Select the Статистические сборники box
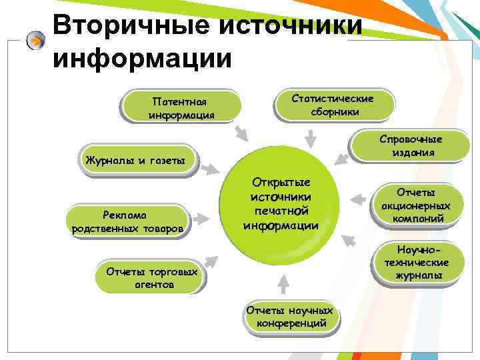click(x=334, y=105)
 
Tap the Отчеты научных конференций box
click(x=290, y=317)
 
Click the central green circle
click(x=281, y=203)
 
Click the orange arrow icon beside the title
click(x=36, y=41)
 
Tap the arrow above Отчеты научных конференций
click(x=283, y=285)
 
